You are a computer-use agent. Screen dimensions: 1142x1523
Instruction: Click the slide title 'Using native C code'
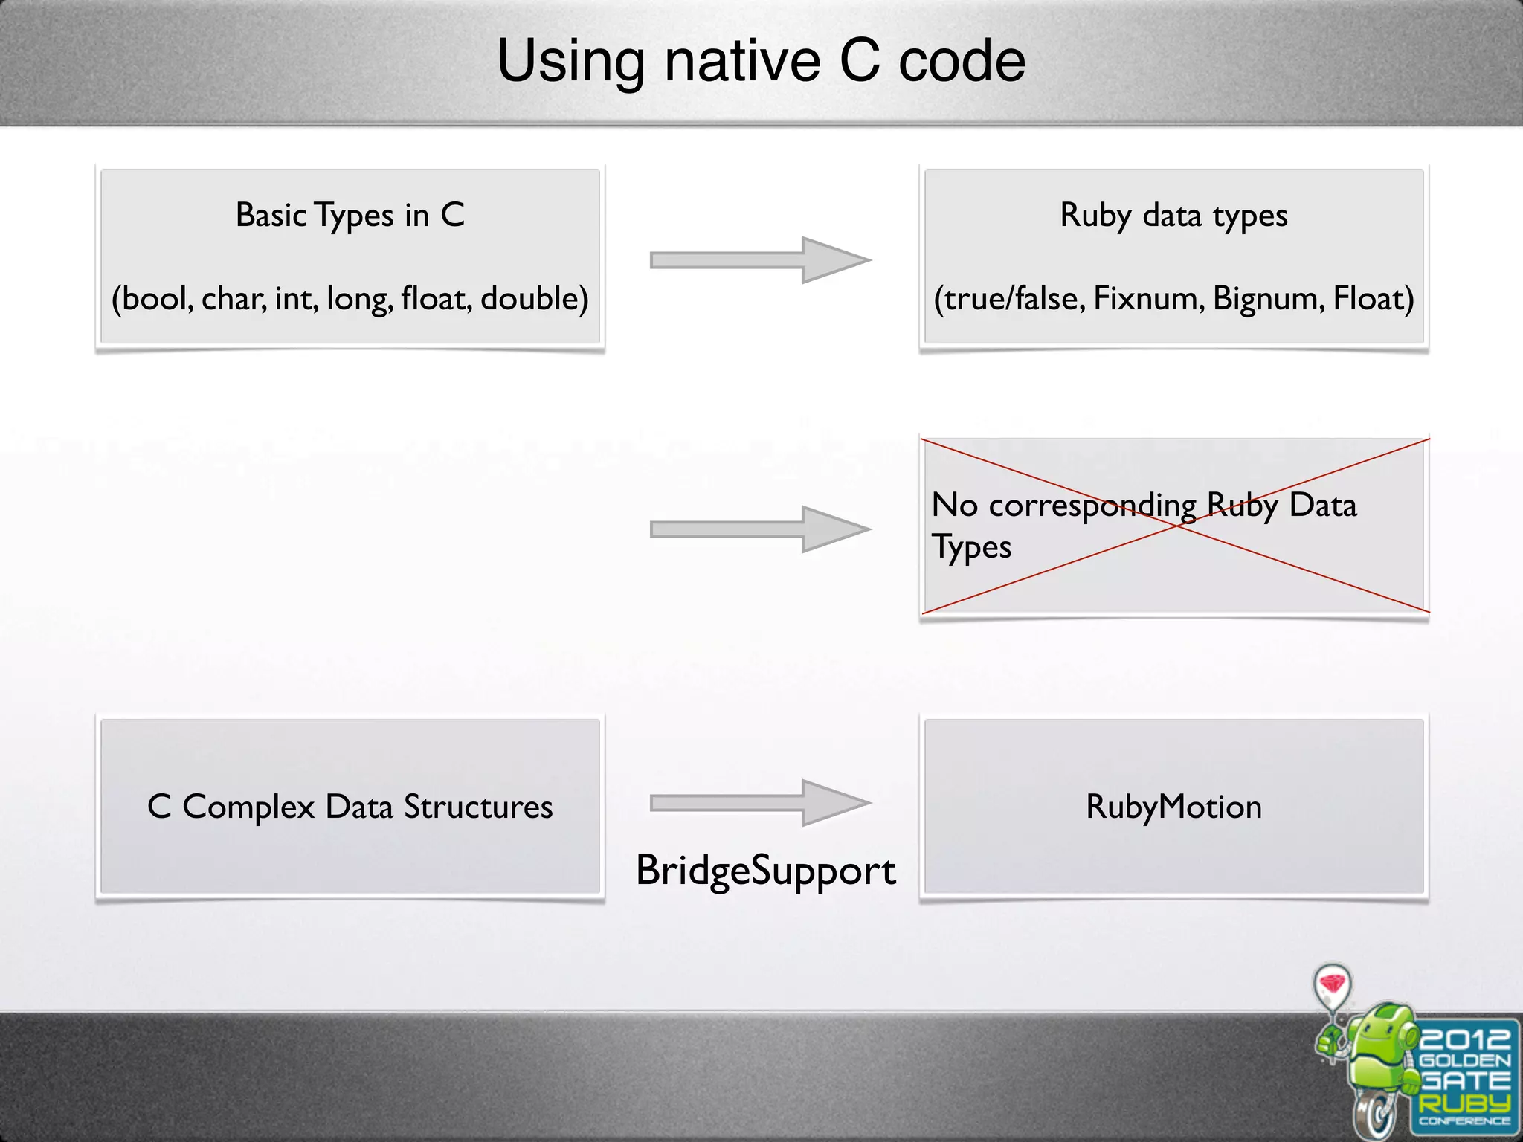pos(761,61)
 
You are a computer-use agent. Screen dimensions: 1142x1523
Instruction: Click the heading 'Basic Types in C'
pos(350,216)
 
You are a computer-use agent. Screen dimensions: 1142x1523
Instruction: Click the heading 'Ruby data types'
pos(1173,216)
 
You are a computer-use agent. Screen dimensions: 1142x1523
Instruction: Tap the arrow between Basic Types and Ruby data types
pos(759,260)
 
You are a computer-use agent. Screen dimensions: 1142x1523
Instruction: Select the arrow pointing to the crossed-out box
pos(759,529)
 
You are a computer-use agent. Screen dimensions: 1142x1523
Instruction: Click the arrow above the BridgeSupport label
pos(759,803)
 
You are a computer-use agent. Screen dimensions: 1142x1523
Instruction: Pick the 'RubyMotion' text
pos(1173,807)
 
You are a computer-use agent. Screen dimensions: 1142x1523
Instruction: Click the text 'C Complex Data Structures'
pos(350,807)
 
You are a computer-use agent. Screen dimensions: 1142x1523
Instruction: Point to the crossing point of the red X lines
pos(1175,526)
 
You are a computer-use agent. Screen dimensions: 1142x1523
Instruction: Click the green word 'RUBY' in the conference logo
pos(1464,1103)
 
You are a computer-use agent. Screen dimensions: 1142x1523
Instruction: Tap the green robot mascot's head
pos(1383,1030)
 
